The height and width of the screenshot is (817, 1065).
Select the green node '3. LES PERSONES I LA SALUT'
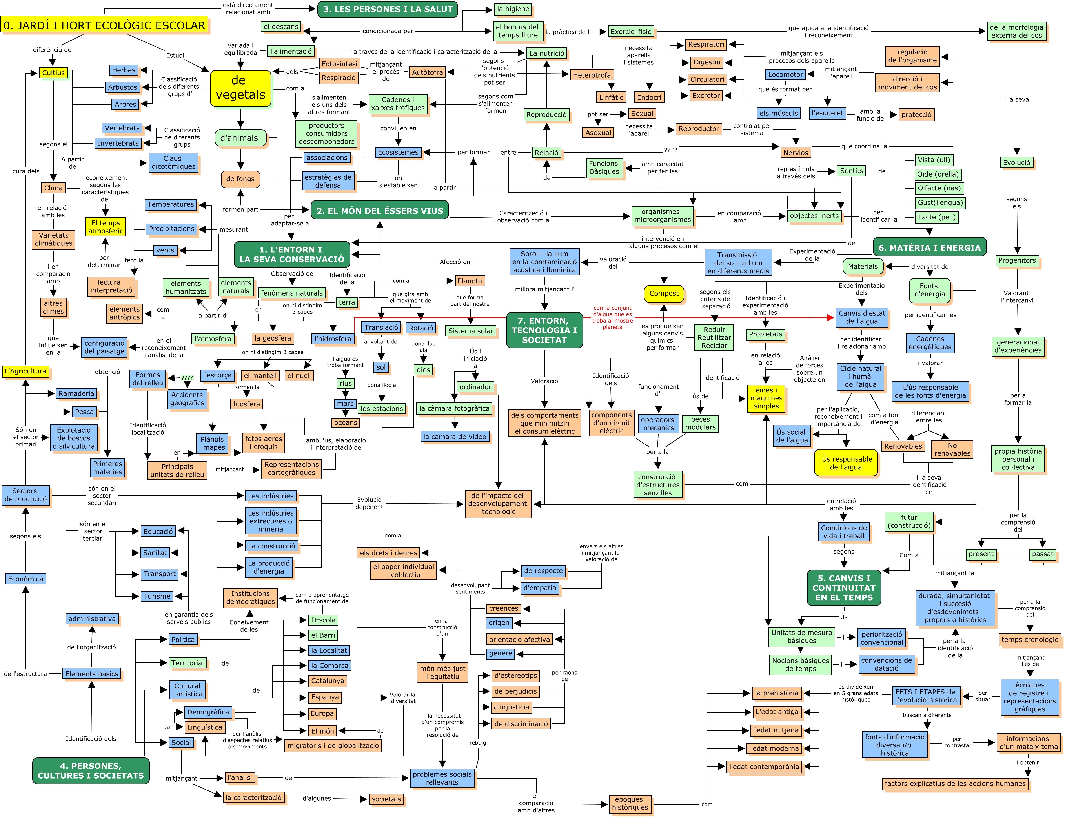click(388, 9)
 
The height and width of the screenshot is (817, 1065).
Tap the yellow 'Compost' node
click(663, 293)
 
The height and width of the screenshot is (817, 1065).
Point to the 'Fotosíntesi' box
click(339, 64)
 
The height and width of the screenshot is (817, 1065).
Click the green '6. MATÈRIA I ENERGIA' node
click(929, 247)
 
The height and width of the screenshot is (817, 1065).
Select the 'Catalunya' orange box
click(328, 681)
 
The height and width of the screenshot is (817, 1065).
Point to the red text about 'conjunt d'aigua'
click(612, 317)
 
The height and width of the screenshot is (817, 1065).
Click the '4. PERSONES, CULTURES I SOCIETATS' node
click(91, 771)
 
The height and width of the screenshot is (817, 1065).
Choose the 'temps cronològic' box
click(1029, 640)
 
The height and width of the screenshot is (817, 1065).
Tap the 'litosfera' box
click(246, 404)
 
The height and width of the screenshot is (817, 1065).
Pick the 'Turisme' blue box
click(157, 596)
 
